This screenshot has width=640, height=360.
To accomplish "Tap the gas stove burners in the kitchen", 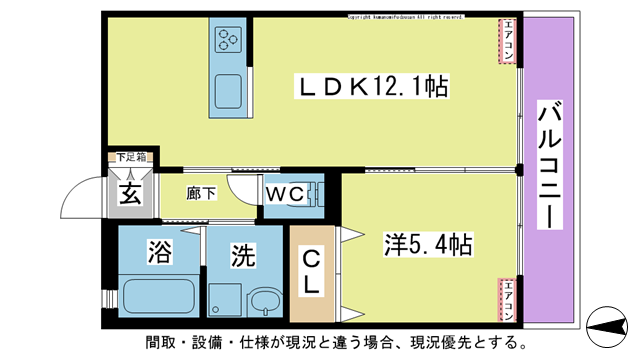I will [226, 41].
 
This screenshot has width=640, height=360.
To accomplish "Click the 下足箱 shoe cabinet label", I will [130, 157].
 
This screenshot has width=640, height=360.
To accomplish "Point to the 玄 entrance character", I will [130, 193].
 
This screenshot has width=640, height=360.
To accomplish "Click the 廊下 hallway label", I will [201, 193].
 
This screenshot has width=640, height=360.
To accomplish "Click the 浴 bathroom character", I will [157, 252].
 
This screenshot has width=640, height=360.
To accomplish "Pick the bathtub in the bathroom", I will [157, 297].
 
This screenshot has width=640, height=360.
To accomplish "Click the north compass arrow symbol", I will [610, 323].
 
